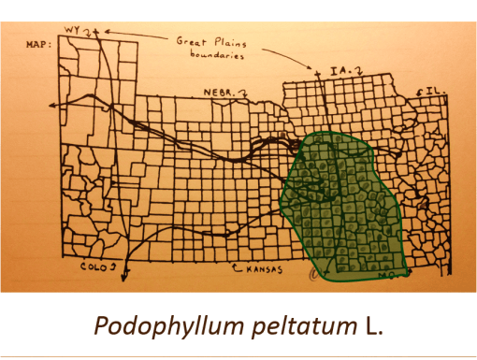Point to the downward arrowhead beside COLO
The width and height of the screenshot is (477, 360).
point(126,272)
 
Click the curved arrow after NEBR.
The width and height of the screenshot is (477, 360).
point(245,91)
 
